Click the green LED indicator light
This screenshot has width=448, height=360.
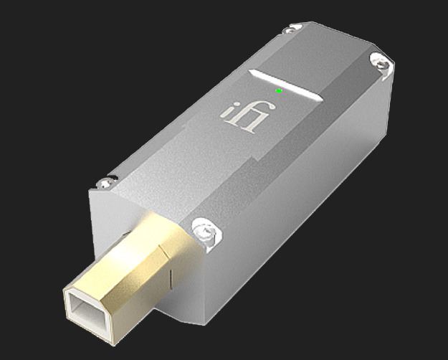(x=279, y=91)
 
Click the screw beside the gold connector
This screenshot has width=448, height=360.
(x=202, y=231)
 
